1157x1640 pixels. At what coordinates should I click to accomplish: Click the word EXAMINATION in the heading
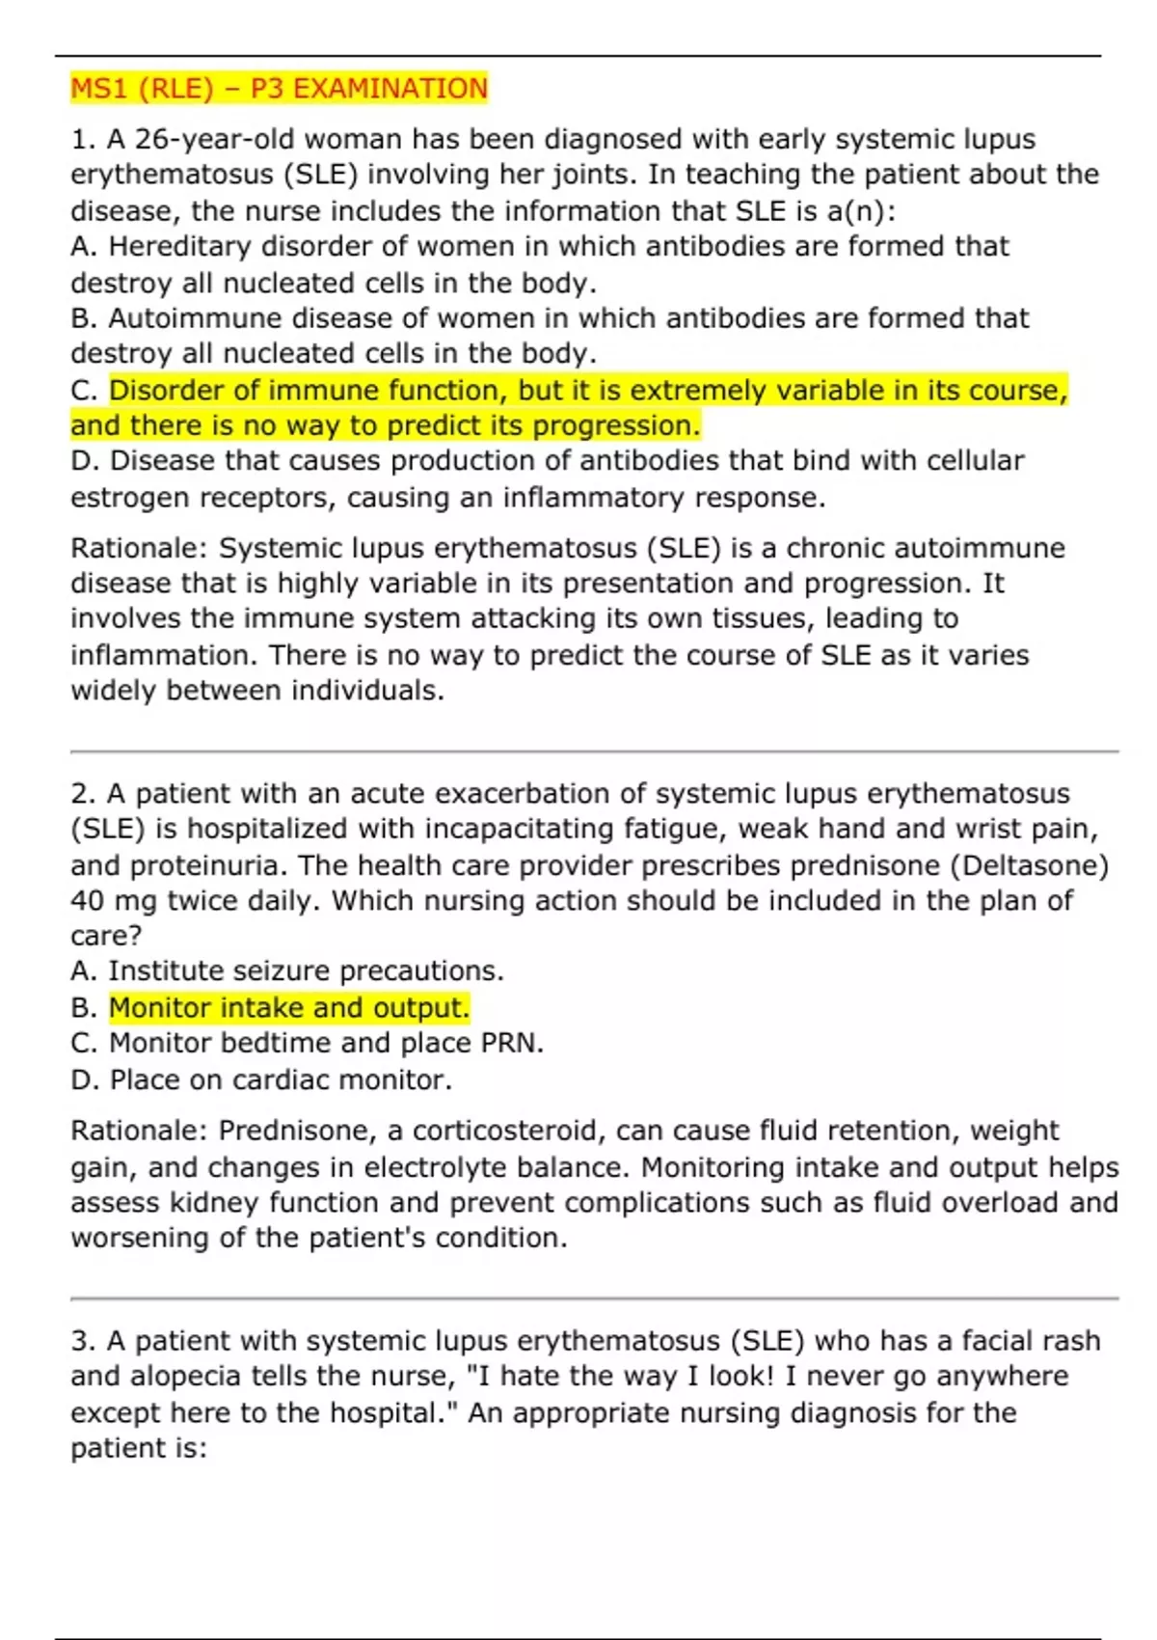[x=390, y=89]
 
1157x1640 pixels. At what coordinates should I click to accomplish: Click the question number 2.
[x=81, y=794]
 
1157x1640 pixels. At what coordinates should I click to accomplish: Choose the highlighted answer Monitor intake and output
[x=288, y=1008]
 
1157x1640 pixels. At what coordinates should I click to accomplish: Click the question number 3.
[x=81, y=1341]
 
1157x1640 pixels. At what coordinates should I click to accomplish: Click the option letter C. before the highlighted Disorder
[x=85, y=391]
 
